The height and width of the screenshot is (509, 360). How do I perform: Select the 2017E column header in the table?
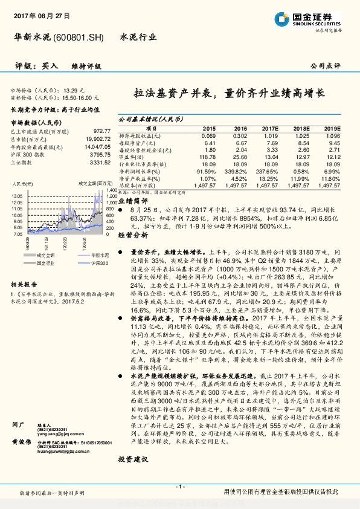(x=271, y=129)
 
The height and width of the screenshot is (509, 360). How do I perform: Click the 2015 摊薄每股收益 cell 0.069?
(x=208, y=135)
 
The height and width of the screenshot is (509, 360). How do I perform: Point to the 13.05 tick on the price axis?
(x=17, y=196)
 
